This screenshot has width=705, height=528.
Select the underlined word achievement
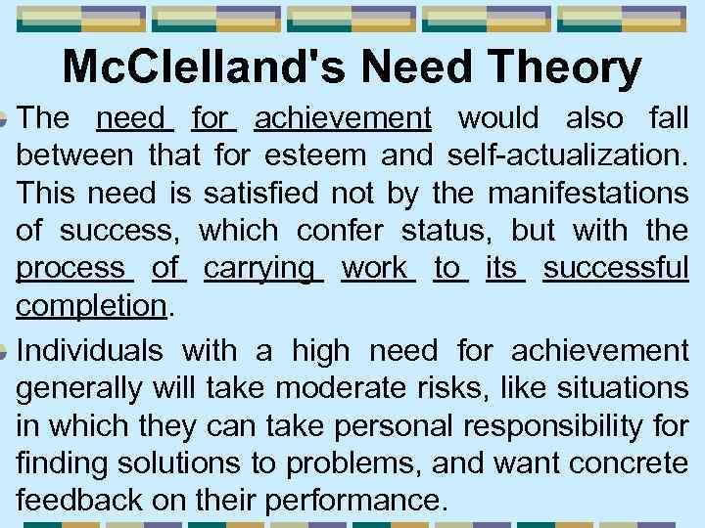click(343, 119)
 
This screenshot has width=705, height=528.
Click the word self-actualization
click(568, 154)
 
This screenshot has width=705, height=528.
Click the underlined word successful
click(616, 268)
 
